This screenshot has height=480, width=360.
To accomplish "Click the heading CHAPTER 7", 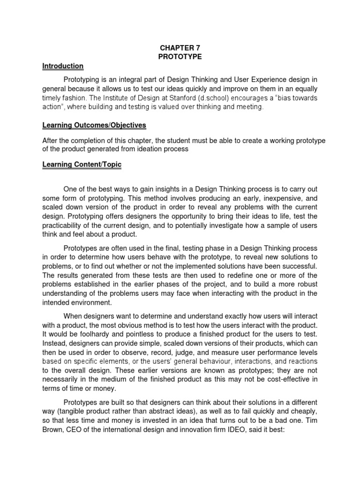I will tap(180, 47).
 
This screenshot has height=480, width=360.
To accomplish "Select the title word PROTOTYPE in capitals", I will tap(180, 57).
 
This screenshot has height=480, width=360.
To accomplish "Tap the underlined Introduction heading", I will tap(63, 66).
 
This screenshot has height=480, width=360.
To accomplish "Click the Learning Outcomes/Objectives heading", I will tap(94, 125).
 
